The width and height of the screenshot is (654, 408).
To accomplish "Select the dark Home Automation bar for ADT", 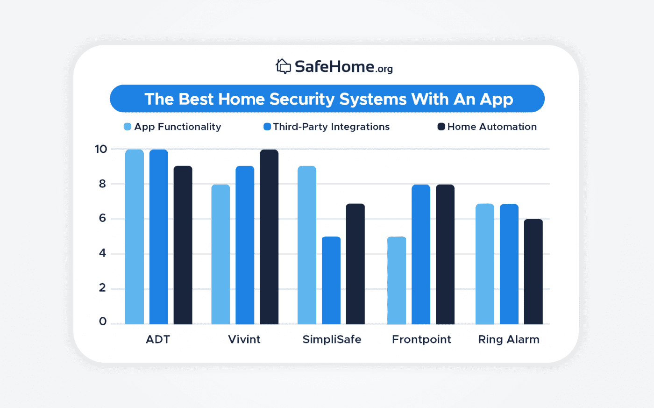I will coord(183,245).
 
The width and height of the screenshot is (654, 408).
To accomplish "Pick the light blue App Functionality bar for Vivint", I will coord(220,254).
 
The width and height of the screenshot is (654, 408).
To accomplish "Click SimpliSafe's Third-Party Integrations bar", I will coord(331,280).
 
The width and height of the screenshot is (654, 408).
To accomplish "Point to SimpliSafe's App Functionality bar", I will coord(307,245).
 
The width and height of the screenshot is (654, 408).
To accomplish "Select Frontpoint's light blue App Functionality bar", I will coord(397,280).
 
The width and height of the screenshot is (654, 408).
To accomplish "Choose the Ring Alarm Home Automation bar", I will coord(533,272).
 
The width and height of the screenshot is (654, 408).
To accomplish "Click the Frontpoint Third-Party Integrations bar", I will coord(421,254).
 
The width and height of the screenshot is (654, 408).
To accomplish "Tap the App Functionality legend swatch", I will coord(128,127).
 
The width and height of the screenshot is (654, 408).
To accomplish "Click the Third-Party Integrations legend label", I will coord(331,127).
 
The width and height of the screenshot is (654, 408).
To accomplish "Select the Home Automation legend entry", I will coord(491,127).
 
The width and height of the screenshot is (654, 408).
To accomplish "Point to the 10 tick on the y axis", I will coord(101,150).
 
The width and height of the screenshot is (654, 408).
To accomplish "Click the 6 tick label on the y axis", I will coord(102,219).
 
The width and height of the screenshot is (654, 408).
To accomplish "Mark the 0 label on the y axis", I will coord(102,322).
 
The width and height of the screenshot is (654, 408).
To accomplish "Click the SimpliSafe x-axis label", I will coord(332,339).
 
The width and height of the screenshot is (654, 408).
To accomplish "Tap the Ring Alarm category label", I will coord(509,339).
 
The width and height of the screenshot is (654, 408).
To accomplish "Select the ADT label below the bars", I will coord(158,339).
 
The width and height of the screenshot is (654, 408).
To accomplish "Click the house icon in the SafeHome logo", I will coord(283,66).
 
